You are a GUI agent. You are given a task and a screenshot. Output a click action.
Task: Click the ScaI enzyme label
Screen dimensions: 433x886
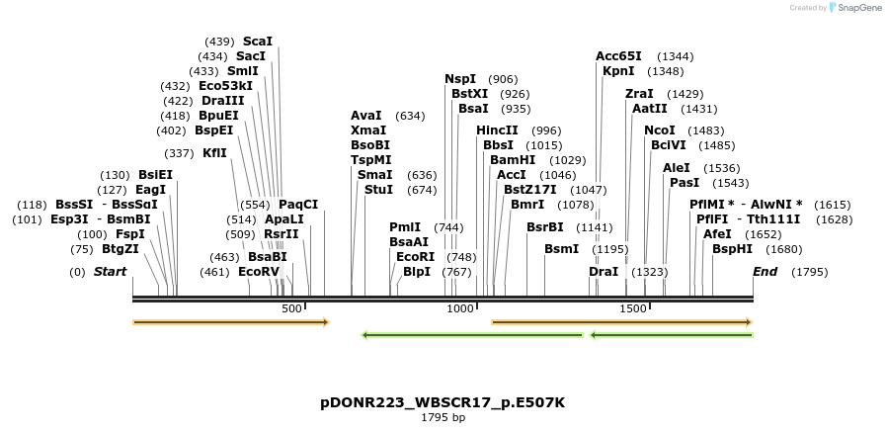coord(257,42)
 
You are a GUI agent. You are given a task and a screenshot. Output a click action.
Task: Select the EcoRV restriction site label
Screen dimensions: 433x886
coord(259,272)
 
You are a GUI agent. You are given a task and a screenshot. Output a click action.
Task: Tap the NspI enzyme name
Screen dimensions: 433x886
coord(460,79)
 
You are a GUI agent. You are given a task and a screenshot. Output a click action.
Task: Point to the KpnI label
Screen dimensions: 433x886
coord(618,71)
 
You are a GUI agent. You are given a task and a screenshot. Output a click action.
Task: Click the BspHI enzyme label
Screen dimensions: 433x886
coord(732,249)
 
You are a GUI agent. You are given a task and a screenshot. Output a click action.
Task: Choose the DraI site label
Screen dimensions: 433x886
coord(604,272)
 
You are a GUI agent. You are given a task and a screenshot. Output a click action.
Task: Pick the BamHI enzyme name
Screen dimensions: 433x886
coord(512,160)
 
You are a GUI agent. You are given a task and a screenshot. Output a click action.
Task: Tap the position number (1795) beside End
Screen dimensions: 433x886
coord(809,272)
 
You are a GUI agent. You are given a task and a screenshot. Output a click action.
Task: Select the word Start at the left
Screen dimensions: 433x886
coord(110,272)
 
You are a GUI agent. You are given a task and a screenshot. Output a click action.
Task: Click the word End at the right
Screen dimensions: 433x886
coord(765,272)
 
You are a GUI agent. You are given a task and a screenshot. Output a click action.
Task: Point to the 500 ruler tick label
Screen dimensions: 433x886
coord(291,309)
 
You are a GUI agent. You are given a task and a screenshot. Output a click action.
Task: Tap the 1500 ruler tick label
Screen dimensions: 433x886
coord(632,309)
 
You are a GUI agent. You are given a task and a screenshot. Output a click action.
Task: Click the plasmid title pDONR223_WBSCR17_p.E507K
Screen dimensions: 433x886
coord(443,403)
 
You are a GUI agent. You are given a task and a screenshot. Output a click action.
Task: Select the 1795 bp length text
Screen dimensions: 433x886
coord(443,418)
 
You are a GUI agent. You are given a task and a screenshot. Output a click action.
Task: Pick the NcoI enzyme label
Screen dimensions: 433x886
coord(660,130)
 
